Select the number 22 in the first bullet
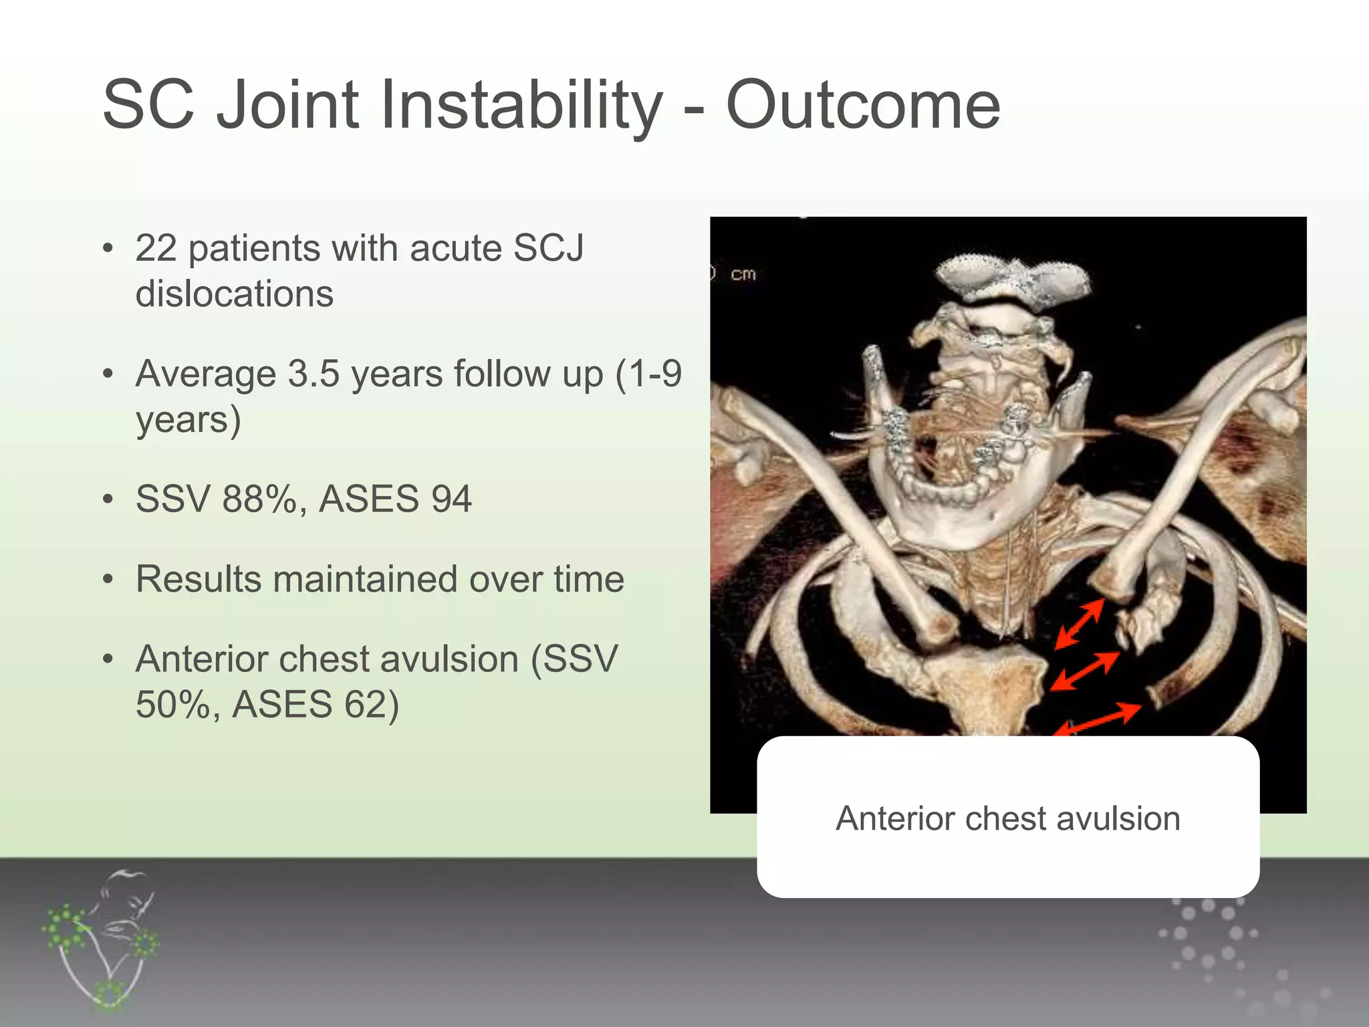coord(156,249)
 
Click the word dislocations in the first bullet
coord(234,294)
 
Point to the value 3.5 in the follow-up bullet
coord(314,374)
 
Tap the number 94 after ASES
coord(451,499)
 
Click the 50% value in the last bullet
coord(172,705)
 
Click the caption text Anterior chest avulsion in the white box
coord(1007,818)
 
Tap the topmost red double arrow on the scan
coord(1079,624)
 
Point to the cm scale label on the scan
coord(743,274)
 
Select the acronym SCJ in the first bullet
coord(548,249)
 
